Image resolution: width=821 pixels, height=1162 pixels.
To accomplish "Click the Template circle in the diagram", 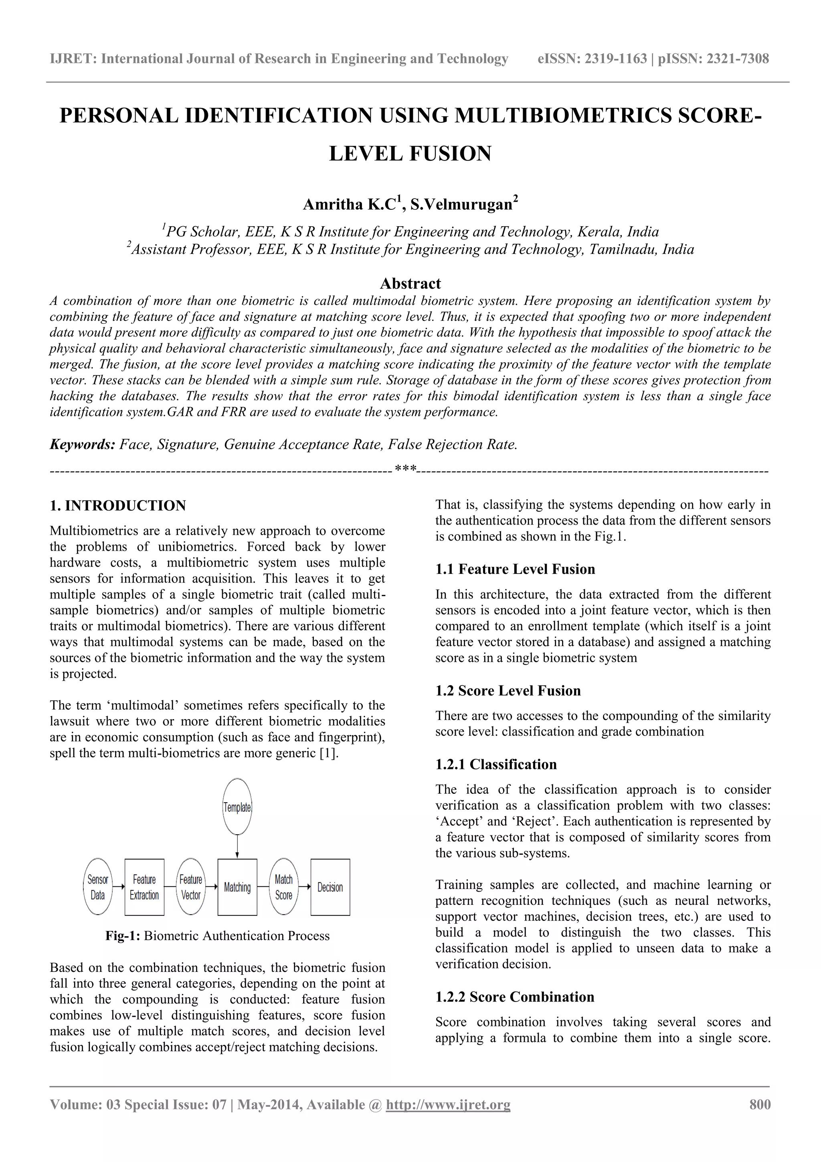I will pyautogui.click(x=237, y=807).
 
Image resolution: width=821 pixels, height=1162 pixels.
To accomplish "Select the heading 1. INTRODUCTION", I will pyautogui.click(x=118, y=505).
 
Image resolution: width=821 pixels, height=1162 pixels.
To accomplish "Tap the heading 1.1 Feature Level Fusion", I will pyautogui.click(x=515, y=569).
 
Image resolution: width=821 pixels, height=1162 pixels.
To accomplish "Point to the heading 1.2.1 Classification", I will pyautogui.click(x=496, y=764).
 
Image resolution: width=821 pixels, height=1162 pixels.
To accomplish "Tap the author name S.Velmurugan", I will pyautogui.click(x=461, y=205).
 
